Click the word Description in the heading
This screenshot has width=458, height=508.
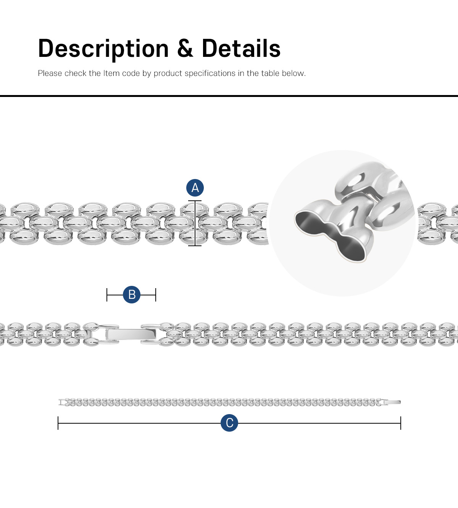tap(103, 49)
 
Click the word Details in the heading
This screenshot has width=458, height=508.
tap(241, 49)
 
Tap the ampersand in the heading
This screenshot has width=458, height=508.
tap(185, 49)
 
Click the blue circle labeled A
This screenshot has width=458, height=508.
tap(195, 188)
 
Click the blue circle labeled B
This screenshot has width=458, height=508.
tap(132, 295)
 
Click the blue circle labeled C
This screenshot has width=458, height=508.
tap(229, 423)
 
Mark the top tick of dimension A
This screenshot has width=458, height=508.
tap(195, 201)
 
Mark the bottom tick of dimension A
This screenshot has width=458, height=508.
tap(195, 245)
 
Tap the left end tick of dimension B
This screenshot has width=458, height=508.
tap(107, 295)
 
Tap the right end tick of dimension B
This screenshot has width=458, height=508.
tap(156, 295)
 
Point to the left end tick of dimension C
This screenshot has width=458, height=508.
tap(58, 423)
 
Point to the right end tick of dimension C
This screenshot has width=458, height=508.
tap(401, 423)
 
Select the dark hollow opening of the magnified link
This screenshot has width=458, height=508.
tap(328, 235)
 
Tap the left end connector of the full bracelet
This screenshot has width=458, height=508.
tap(61, 402)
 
